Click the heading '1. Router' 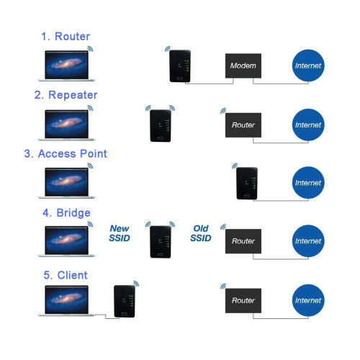click(66, 35)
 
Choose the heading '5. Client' click(66, 275)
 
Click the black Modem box click(243, 66)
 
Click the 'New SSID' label click(120, 233)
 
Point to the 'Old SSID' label click(201, 233)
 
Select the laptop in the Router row click(68, 66)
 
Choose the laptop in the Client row click(68, 302)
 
